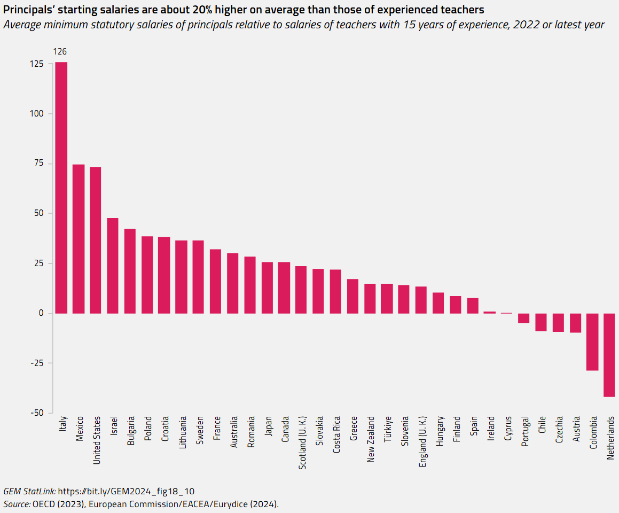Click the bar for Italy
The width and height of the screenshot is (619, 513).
[61, 188]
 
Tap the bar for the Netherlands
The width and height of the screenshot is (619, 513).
[609, 355]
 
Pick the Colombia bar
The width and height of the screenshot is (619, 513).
[592, 342]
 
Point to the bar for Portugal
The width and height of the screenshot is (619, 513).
[524, 318]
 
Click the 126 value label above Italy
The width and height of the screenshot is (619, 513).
[60, 52]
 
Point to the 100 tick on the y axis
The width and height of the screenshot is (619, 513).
[37, 114]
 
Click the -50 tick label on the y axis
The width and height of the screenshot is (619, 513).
[37, 413]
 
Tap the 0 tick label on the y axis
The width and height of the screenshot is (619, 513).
[42, 314]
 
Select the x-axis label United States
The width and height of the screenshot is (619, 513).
[97, 440]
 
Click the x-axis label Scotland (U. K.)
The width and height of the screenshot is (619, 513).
[302, 442]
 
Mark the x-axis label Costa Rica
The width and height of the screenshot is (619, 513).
[336, 436]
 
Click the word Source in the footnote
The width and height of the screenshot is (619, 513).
[16, 504]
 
